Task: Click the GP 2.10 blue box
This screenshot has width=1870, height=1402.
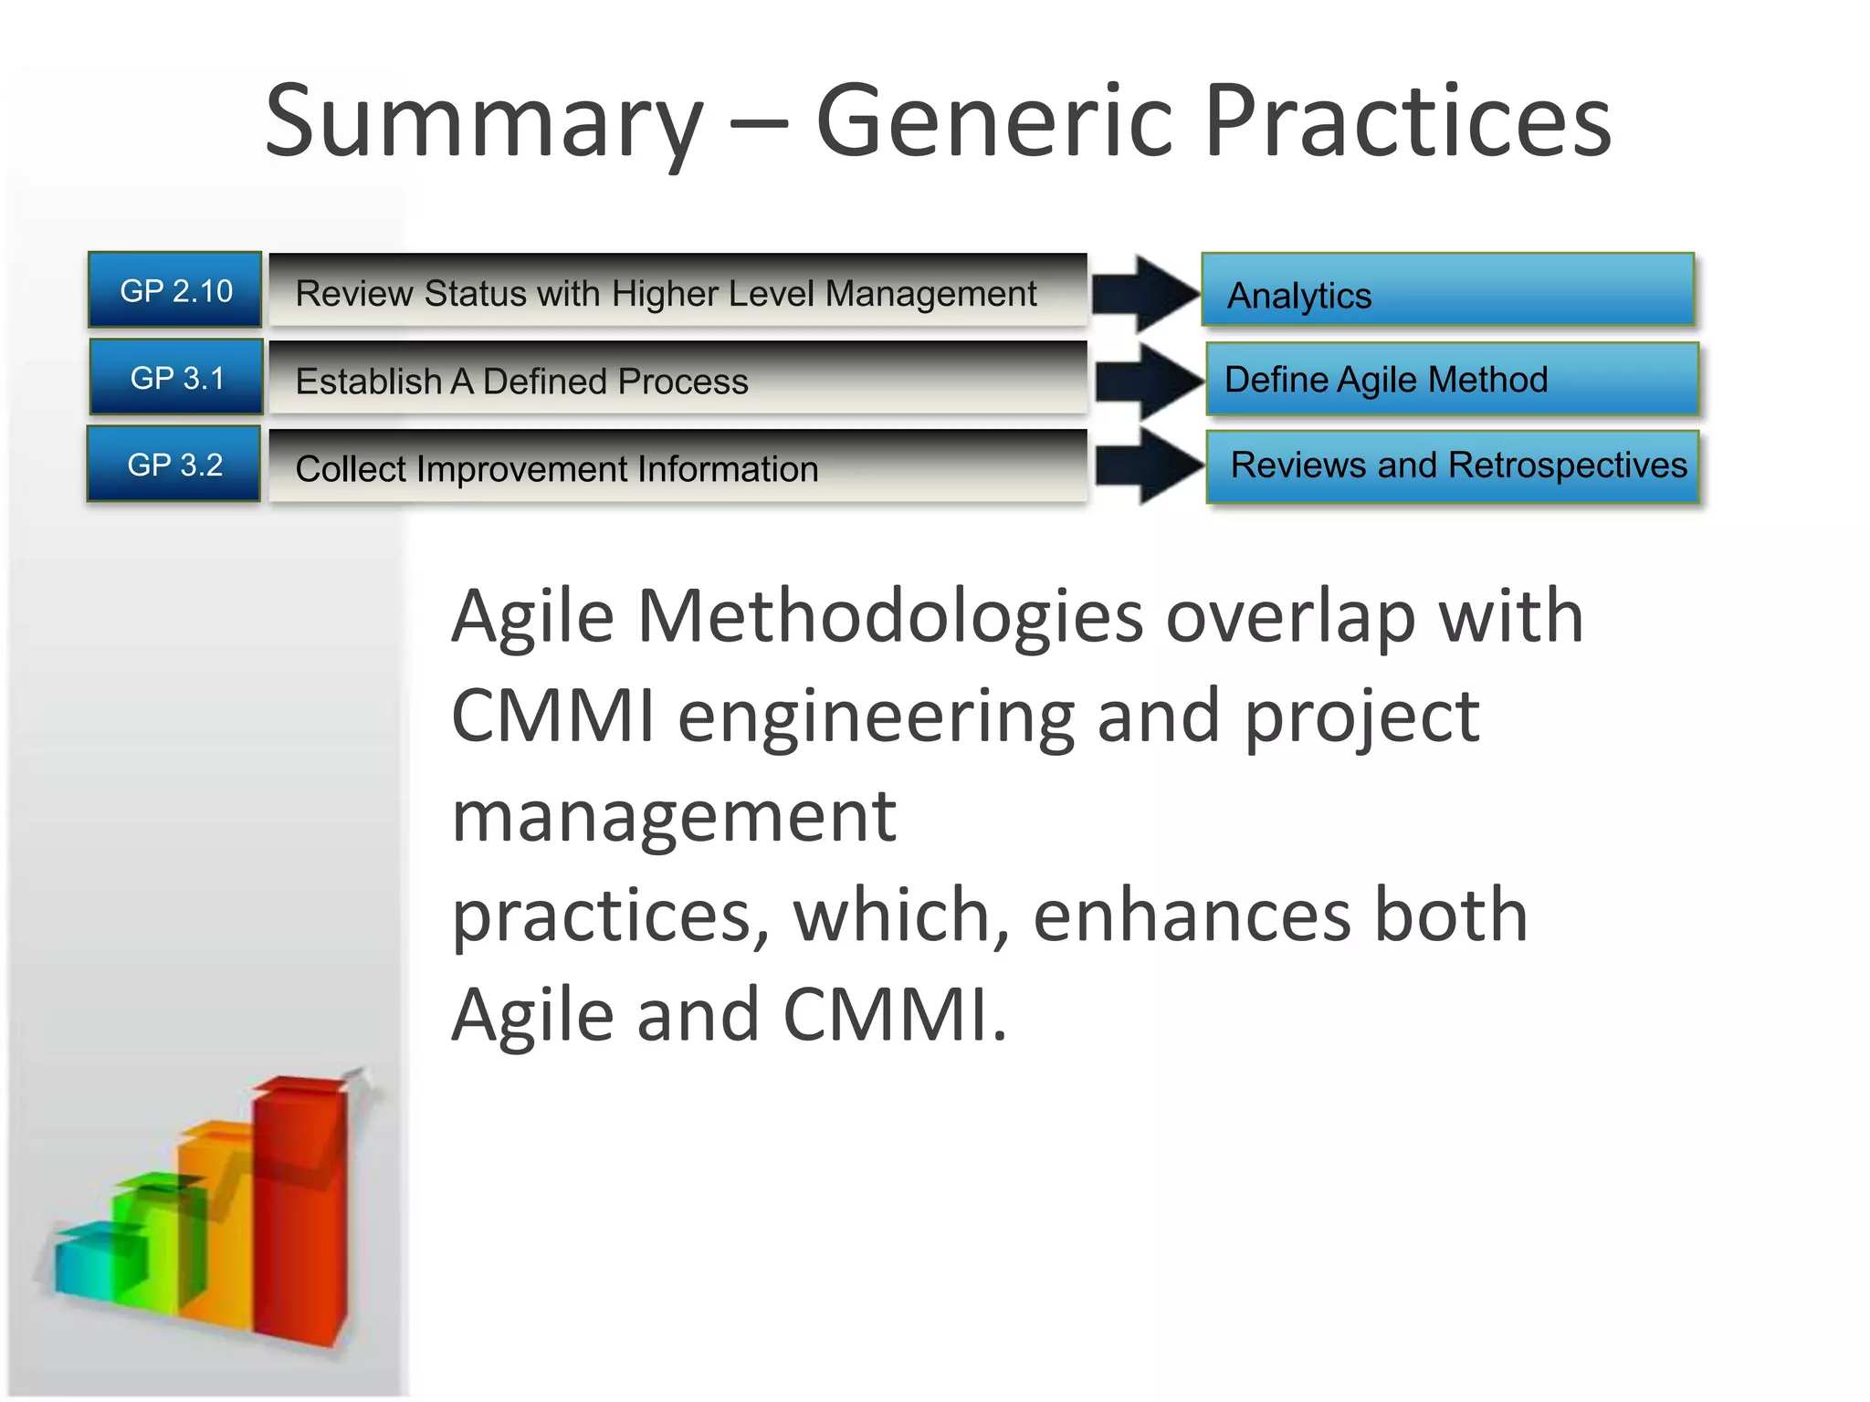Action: [175, 290]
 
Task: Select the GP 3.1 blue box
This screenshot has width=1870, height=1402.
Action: [176, 377]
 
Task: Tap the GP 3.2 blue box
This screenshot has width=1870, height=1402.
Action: [174, 465]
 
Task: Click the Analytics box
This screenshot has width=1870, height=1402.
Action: [1447, 291]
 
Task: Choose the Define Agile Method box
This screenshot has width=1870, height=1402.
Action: [1451, 379]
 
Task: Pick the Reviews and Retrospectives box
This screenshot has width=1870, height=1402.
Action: [1453, 466]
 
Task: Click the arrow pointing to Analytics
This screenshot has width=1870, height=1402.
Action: [1146, 293]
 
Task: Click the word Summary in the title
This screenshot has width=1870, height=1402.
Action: [484, 123]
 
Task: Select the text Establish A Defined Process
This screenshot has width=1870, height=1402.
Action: [521, 382]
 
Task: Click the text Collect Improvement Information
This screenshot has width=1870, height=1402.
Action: [556, 469]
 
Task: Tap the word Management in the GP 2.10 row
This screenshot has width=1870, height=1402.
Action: [930, 294]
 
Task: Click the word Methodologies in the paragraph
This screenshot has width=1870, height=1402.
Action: [890, 617]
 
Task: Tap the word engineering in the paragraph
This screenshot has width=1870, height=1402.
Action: [876, 717]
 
